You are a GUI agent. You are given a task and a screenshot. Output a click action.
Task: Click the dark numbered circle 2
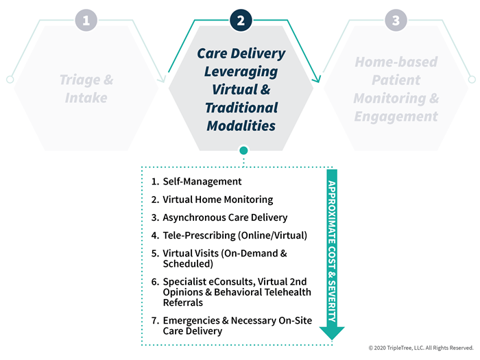[241, 21]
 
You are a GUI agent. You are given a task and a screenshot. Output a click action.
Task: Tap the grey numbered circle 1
[86, 21]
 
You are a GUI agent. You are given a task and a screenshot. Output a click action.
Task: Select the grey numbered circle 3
[396, 21]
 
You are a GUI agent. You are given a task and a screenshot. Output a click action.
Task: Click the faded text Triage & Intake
[86, 88]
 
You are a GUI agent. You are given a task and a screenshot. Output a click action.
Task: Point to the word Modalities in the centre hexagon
[241, 125]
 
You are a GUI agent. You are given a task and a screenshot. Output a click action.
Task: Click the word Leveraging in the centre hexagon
[241, 72]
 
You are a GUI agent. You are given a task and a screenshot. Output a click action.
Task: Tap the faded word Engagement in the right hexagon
[396, 117]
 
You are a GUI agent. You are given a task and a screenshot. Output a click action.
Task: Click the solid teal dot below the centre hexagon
[243, 151]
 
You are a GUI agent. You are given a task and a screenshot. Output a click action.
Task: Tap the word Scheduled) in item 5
[188, 264]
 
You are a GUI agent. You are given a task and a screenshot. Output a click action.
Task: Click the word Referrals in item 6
[183, 303]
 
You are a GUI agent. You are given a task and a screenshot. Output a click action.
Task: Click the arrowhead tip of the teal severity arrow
[332, 340]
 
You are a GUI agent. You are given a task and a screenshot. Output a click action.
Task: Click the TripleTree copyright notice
[421, 348]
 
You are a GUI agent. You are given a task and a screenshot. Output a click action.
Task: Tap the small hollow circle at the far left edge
[10, 80]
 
